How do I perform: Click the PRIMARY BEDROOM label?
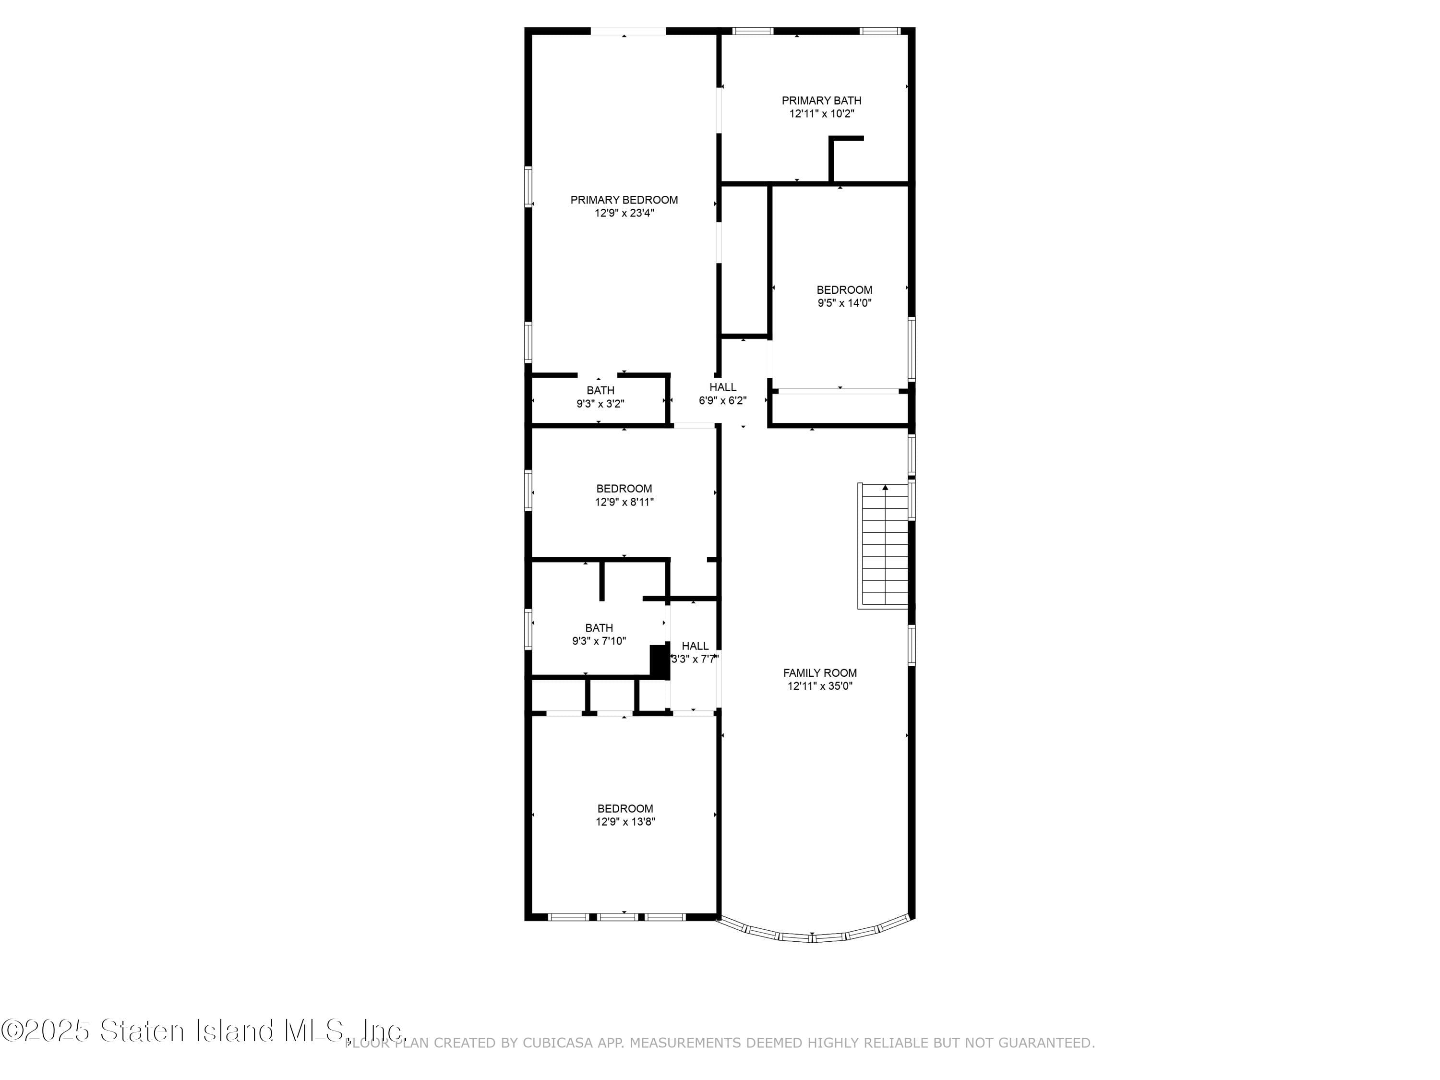624,200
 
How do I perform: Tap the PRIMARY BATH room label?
821,100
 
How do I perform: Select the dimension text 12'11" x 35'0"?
820,686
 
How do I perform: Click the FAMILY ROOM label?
820,673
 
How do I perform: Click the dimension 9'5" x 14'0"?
844,303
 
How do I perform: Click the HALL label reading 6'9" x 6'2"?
722,387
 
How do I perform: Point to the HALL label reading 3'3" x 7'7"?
695,646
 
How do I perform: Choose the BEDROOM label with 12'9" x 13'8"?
625,808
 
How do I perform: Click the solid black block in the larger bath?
660,662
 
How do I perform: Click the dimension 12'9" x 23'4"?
624,213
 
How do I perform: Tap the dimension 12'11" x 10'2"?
821,114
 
